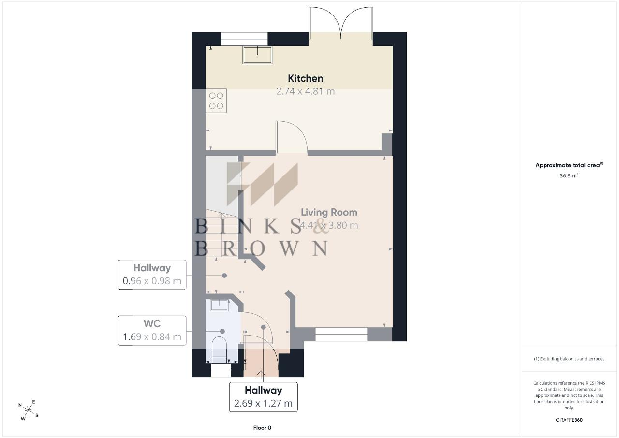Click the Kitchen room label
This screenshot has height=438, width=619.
pyautogui.click(x=305, y=78)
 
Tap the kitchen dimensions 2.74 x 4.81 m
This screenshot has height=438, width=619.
pyautogui.click(x=305, y=91)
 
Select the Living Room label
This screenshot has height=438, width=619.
pyautogui.click(x=329, y=212)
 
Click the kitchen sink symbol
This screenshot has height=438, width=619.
pyautogui.click(x=257, y=55)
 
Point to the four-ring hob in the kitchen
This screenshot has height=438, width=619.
pyautogui.click(x=216, y=101)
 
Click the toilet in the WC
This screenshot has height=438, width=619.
pyautogui.click(x=219, y=350)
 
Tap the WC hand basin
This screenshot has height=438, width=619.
pyautogui.click(x=220, y=306)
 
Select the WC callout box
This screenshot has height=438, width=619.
pyautogui.click(x=152, y=331)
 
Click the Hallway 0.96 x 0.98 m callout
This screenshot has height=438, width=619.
pyautogui.click(x=152, y=275)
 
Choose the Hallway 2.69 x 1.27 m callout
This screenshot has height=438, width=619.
pyautogui.click(x=264, y=397)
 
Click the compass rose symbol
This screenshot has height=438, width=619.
pyautogui.click(x=28, y=410)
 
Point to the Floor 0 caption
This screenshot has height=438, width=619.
pyautogui.click(x=262, y=428)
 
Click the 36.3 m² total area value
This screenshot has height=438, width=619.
pyautogui.click(x=569, y=175)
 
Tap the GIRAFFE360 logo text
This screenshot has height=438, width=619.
pyautogui.click(x=569, y=420)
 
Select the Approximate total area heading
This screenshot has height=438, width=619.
pyautogui.click(x=569, y=165)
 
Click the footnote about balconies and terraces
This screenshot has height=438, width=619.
pyautogui.click(x=569, y=359)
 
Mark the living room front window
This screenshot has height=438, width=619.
pyautogui.click(x=341, y=334)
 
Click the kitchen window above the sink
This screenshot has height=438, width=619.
pyautogui.click(x=244, y=39)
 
